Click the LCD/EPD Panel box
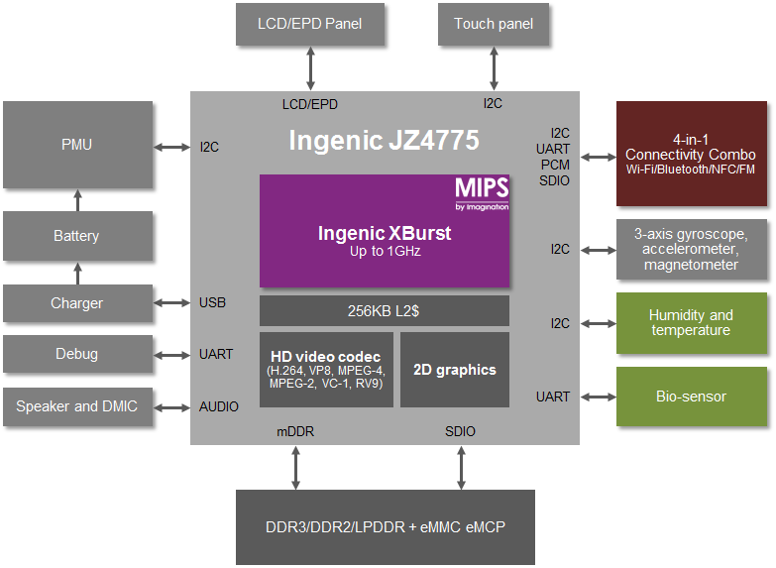[x=310, y=24]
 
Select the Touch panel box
[x=494, y=24]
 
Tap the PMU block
[x=77, y=145]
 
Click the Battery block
[x=77, y=236]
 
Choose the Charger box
[x=77, y=303]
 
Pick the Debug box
[x=77, y=354]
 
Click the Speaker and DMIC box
[x=77, y=406]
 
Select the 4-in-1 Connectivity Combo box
[x=691, y=154]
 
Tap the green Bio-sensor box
[x=691, y=397]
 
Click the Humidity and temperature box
[x=691, y=323]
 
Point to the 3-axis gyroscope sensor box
[x=691, y=249]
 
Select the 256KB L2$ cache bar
[x=385, y=310]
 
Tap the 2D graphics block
[x=454, y=370]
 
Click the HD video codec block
[x=326, y=370]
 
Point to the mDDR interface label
[x=294, y=431]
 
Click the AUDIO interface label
[x=219, y=406]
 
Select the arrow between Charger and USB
[x=171, y=303]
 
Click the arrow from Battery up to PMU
[x=77, y=200]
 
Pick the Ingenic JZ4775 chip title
[x=384, y=140]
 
